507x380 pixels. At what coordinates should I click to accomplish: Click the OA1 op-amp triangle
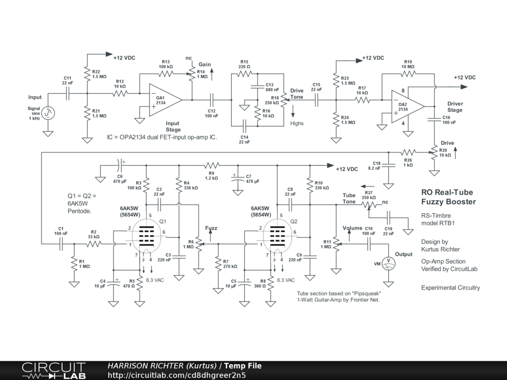165,100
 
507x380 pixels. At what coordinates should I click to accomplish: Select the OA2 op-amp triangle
407,107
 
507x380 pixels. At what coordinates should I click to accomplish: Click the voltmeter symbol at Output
388,264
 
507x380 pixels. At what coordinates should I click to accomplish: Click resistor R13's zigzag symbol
166,74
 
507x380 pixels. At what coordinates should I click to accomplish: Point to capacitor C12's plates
212,100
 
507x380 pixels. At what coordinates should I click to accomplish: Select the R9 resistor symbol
212,165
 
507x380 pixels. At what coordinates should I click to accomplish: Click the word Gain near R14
204,64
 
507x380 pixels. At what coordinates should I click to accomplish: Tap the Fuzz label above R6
211,228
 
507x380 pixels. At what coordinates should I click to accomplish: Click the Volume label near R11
353,228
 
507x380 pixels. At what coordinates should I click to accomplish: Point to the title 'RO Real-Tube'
447,192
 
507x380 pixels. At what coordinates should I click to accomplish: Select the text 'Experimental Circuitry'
451,287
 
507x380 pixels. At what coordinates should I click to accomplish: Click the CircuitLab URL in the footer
177,375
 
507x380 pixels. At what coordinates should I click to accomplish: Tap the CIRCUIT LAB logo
53,371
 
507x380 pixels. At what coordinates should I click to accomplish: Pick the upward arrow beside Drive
456,153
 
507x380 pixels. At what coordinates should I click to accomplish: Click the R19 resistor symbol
408,74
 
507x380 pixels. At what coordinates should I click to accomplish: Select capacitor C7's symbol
238,179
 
